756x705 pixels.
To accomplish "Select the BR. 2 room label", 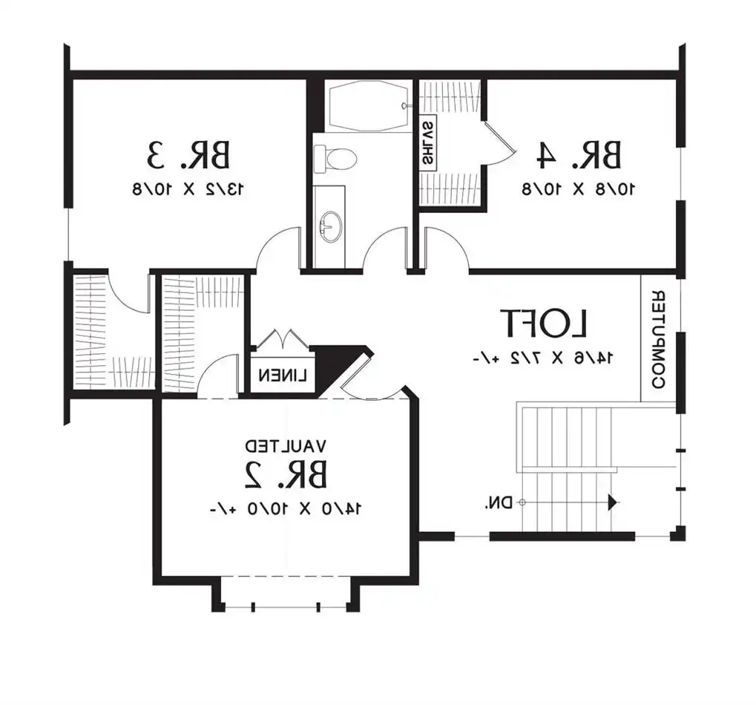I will pyautogui.click(x=286, y=474).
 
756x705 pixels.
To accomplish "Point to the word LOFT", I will pyautogui.click(x=545, y=324).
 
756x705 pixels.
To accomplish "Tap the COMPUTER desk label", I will pyautogui.click(x=657, y=340).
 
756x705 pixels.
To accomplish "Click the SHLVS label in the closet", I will pyautogui.click(x=429, y=142).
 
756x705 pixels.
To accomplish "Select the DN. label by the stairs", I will pyautogui.click(x=499, y=503).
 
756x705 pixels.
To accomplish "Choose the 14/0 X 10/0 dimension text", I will pyautogui.click(x=286, y=508).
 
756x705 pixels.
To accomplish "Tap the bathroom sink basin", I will pyautogui.click(x=331, y=223).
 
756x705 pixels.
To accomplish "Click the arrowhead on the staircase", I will pyautogui.click(x=613, y=503).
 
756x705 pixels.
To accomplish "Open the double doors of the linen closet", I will pyautogui.click(x=283, y=340).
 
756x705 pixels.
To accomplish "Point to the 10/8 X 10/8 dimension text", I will pyautogui.click(x=578, y=188).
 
